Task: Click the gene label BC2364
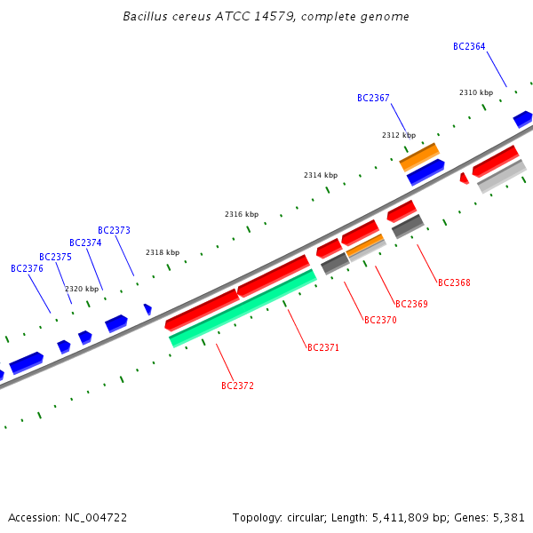point(469,46)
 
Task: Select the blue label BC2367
point(373,99)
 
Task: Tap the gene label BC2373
point(114,230)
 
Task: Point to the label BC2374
point(85,243)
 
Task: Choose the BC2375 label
point(55,257)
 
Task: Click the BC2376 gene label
point(27,268)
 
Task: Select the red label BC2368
point(454,282)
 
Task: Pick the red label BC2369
point(411,304)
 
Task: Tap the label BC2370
point(380,320)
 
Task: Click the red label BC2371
point(323,347)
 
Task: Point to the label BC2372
point(237,386)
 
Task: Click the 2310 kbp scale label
point(476,92)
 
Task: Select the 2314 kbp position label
point(321,175)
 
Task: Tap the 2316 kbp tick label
point(242,214)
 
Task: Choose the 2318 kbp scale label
point(163,252)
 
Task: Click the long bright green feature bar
point(243,308)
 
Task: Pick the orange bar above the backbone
point(419,157)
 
